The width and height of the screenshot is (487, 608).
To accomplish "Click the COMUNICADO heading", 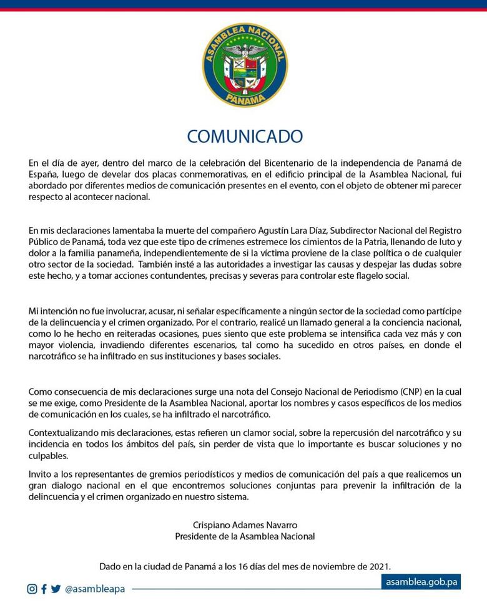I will point(245,137).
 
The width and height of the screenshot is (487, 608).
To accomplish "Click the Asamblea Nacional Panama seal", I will point(245,65).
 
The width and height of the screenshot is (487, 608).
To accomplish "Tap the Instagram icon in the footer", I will point(32,589).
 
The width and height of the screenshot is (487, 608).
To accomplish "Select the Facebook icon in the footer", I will point(44,589).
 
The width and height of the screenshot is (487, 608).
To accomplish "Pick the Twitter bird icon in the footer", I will point(56,589).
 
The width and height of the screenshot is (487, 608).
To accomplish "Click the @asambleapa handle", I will point(95,589).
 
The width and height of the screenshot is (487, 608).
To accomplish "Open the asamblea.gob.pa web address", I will point(422,582).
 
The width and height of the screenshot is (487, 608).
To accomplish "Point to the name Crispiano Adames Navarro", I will point(245,524).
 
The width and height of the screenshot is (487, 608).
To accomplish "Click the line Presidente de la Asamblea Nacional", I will point(245,536).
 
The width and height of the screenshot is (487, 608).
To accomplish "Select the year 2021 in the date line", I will point(379,566).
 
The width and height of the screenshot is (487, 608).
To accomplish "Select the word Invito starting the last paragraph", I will point(40,474).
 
